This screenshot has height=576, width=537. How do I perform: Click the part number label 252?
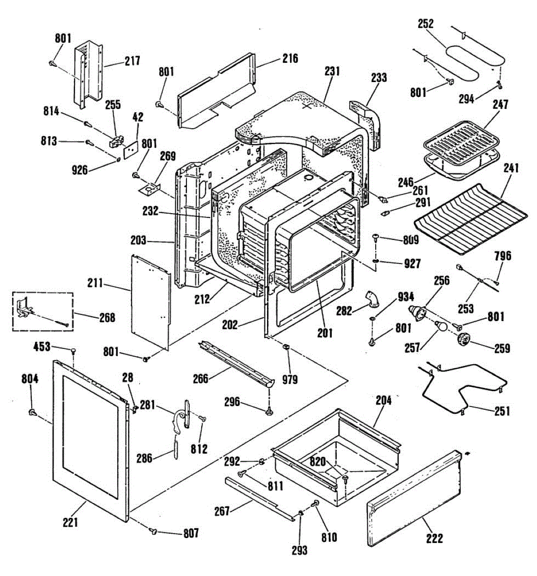[x=426, y=24]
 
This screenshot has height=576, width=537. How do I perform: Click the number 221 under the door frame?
[x=70, y=521]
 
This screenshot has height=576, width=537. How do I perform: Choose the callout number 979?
[x=290, y=380]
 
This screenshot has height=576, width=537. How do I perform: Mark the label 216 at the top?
[x=290, y=59]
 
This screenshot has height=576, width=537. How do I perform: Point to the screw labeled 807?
[x=154, y=530]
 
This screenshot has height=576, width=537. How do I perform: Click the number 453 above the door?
[x=42, y=346]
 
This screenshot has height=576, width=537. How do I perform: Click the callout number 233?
[x=379, y=77]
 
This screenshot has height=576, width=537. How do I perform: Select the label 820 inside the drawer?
[x=317, y=462]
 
